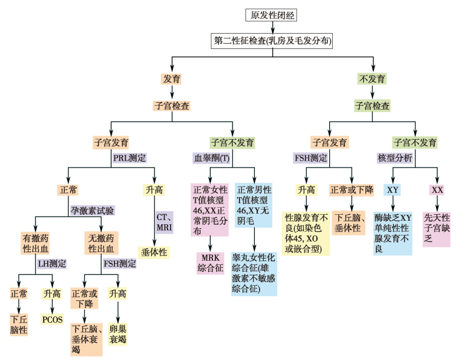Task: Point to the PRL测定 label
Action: (130, 158)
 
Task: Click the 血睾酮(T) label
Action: (212, 158)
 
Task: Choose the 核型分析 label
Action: (395, 158)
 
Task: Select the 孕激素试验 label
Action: (93, 210)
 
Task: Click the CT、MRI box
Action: (164, 222)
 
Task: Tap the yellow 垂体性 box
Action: (153, 253)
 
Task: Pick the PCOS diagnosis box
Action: (52, 319)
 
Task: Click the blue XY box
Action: (392, 190)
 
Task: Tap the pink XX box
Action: (437, 190)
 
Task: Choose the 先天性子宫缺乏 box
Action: (437, 228)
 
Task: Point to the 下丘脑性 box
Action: (19, 325)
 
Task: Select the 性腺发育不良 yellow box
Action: (306, 234)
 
